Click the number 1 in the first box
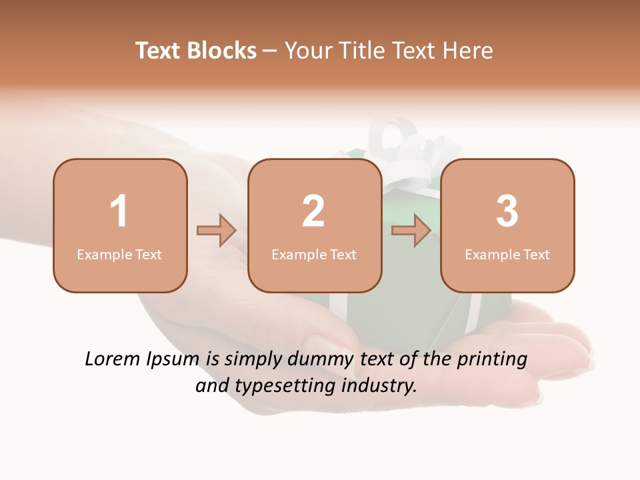[x=119, y=211]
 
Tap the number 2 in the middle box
[x=313, y=211]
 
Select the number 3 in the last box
[x=507, y=211]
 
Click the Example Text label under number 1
[x=119, y=254]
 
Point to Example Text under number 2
[x=314, y=254]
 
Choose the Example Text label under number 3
[x=507, y=254]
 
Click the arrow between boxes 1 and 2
[x=217, y=231]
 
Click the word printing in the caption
[x=492, y=360]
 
